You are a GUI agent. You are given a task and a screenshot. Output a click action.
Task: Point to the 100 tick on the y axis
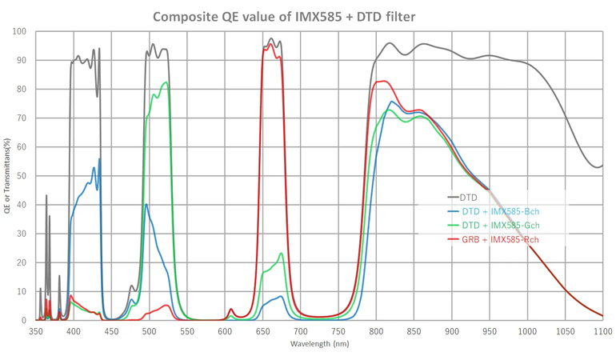pos(19,32)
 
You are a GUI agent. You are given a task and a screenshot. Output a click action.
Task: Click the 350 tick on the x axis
pos(36,330)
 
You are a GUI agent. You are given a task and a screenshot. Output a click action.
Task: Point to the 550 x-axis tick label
pos(187,330)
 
